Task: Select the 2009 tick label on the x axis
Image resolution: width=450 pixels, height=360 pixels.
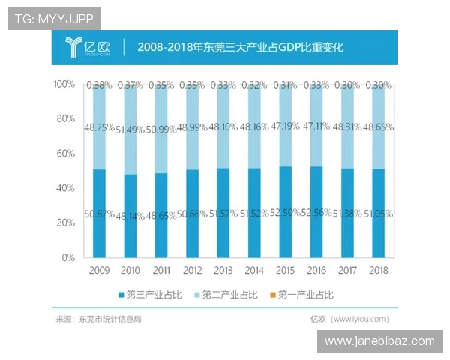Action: pos(99,269)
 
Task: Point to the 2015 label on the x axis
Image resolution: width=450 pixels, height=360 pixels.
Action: pos(285,269)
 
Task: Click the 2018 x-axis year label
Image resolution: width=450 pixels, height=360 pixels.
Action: pos(378,269)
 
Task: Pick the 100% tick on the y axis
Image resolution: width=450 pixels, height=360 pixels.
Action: pos(64,85)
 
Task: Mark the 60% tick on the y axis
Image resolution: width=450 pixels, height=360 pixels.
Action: pos(65,154)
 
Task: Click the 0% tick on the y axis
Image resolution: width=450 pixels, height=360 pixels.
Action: pos(68,257)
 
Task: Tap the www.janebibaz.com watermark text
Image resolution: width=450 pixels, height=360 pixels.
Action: pos(379,341)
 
